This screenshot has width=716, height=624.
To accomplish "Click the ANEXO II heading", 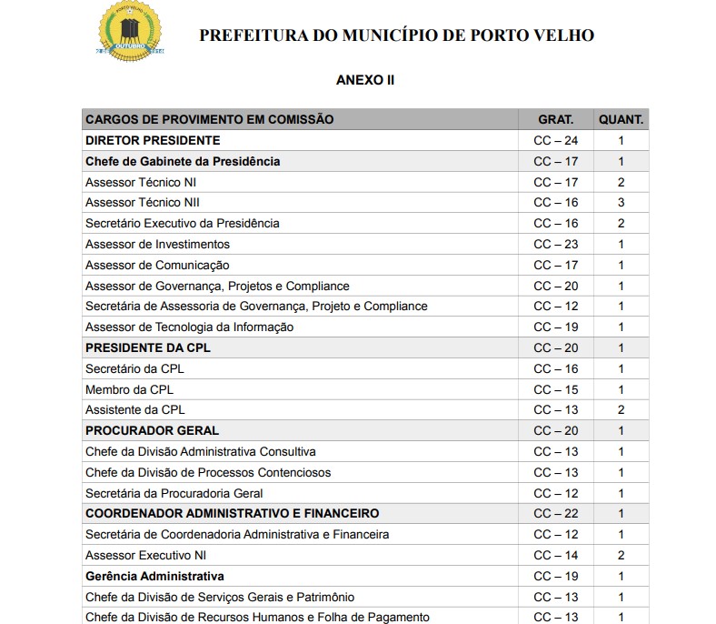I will click(x=365, y=80).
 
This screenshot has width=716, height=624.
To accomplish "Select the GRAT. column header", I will click(x=555, y=119).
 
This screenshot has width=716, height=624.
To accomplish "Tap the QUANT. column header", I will click(x=621, y=119).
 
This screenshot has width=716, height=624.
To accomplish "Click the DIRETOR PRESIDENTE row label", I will click(x=153, y=140).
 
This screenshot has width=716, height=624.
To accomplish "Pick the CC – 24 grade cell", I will click(x=555, y=140).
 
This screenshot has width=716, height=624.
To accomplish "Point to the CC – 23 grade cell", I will click(x=555, y=244).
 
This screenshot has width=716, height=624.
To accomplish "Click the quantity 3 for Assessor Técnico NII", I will click(x=621, y=203).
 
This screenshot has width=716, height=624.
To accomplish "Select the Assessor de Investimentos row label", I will click(x=157, y=244).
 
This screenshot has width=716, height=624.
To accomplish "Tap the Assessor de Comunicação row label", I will click(x=157, y=265).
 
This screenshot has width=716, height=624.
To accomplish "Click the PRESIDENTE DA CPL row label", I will click(x=147, y=347).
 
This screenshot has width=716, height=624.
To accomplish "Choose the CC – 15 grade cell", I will click(x=555, y=389).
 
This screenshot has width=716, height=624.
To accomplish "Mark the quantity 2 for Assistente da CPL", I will click(x=621, y=410).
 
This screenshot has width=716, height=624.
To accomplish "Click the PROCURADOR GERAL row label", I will click(x=152, y=430).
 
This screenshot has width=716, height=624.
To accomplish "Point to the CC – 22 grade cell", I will click(x=555, y=513).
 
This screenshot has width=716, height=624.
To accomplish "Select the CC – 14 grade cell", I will click(x=555, y=555).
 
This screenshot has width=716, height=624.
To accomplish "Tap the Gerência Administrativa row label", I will click(x=154, y=576).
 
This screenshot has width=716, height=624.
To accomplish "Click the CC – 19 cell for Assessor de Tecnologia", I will click(x=555, y=327).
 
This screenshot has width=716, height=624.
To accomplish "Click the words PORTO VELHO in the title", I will click(x=536, y=36).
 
